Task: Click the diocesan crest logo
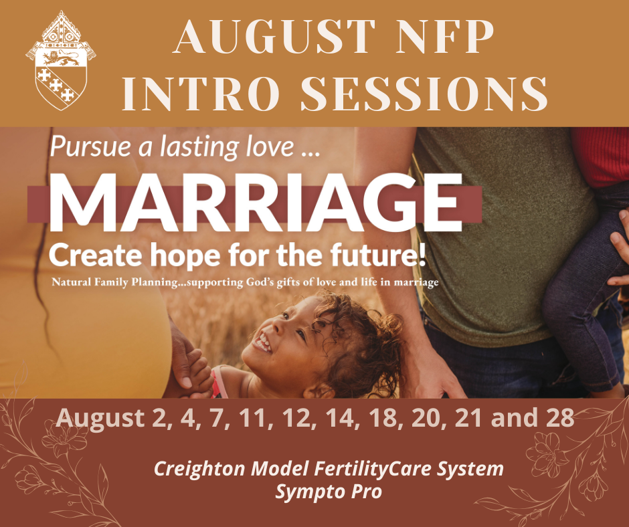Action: (x=61, y=60)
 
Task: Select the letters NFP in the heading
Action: (x=445, y=36)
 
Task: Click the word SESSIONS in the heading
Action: (x=424, y=94)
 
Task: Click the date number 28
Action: (x=559, y=418)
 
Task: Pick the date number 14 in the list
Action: (x=340, y=418)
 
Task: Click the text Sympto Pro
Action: (x=329, y=492)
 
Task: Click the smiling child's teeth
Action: (x=262, y=343)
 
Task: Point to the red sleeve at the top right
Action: (x=600, y=157)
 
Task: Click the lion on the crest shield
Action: (x=61, y=58)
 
